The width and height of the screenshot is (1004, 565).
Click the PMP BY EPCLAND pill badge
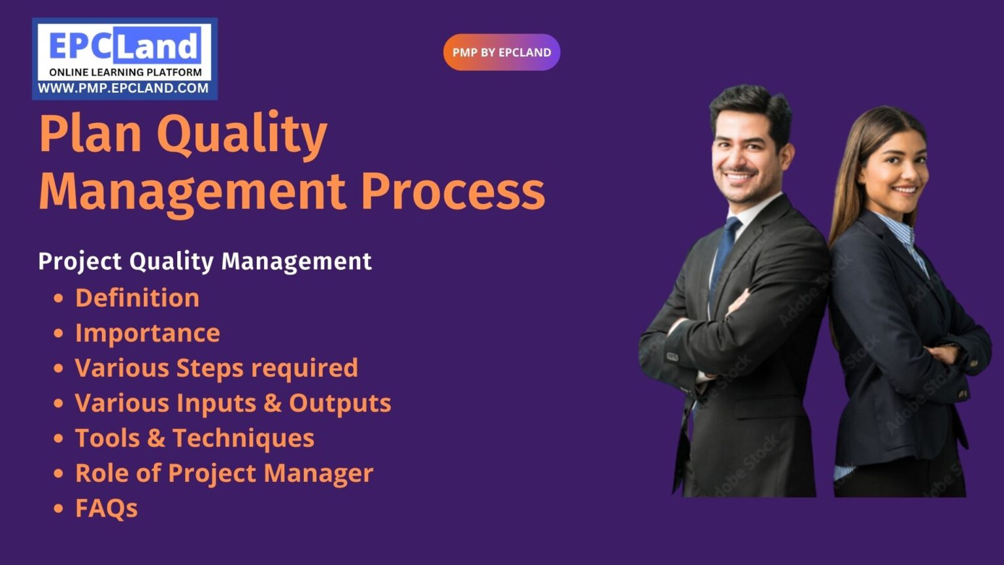501,52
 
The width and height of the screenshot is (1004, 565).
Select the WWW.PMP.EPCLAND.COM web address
124,88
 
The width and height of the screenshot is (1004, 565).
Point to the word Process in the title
452,191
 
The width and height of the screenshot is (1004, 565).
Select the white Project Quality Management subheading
205,261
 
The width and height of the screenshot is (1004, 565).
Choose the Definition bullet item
137,298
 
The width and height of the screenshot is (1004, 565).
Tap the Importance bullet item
148,334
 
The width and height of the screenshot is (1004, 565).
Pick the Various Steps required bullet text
216,368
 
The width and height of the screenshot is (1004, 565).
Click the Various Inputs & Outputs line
233,403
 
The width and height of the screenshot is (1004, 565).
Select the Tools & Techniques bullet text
195,438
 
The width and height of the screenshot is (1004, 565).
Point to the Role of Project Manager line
224,473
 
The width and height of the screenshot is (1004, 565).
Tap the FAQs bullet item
107,509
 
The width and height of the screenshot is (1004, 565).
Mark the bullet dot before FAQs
59,509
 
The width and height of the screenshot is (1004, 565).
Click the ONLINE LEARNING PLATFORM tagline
125,73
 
